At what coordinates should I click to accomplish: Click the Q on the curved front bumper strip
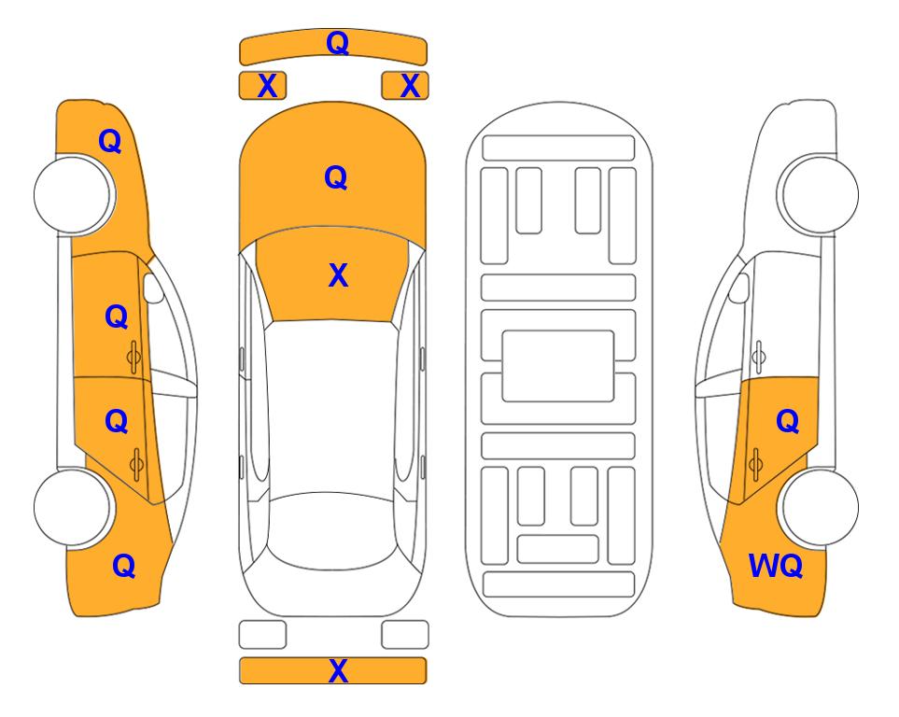pyautogui.click(x=337, y=43)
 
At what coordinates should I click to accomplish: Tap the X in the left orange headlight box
pyautogui.click(x=267, y=86)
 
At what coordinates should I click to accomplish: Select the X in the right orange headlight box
pyautogui.click(x=410, y=86)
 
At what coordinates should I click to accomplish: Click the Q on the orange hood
pyautogui.click(x=336, y=177)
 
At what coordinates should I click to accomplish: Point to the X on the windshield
pyautogui.click(x=338, y=275)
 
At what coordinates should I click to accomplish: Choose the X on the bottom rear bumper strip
pyautogui.click(x=338, y=670)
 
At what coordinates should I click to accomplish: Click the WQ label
pyautogui.click(x=776, y=566)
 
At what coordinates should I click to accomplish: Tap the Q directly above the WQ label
pyautogui.click(x=788, y=422)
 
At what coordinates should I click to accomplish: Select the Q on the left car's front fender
pyautogui.click(x=110, y=141)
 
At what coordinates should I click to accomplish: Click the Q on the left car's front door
pyautogui.click(x=117, y=316)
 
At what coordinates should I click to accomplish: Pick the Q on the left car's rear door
pyautogui.click(x=117, y=422)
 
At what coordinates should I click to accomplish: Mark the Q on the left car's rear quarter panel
pyautogui.click(x=124, y=566)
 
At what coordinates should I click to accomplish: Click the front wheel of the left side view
pyautogui.click(x=75, y=195)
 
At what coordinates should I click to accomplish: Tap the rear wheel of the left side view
pyautogui.click(x=75, y=508)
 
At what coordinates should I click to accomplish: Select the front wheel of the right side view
pyautogui.click(x=818, y=194)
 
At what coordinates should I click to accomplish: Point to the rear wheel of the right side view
pyautogui.click(x=818, y=508)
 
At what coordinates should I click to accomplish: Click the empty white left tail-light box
pyautogui.click(x=262, y=635)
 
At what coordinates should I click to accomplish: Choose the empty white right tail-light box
pyautogui.click(x=405, y=635)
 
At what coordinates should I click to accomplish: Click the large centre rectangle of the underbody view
pyautogui.click(x=558, y=366)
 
